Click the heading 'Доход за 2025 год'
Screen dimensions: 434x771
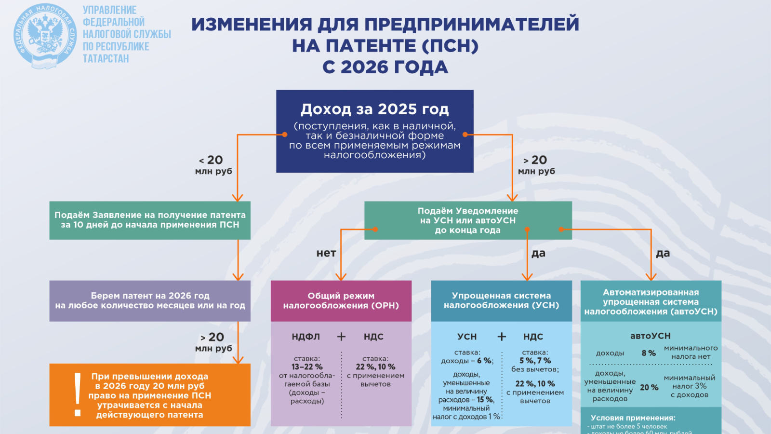click(374, 109)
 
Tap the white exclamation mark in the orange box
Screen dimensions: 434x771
click(77, 394)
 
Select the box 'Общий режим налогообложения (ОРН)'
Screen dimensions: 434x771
click(341, 300)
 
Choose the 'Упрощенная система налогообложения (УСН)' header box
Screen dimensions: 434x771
click(501, 300)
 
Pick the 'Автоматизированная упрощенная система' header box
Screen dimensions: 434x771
click(651, 302)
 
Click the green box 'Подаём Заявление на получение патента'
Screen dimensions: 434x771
click(150, 220)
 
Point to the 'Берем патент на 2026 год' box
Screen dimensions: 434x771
click(150, 300)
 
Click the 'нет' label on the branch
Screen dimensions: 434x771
click(326, 253)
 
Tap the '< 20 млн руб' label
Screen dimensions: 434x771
click(213, 164)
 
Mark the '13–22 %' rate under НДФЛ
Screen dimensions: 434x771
click(307, 367)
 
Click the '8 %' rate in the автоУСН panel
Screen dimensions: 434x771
click(649, 353)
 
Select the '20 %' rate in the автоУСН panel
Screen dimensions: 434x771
click(649, 388)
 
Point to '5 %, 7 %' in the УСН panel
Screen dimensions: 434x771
click(535, 361)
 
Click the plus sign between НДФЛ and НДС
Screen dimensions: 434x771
click(341, 337)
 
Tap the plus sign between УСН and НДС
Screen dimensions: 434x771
click(502, 337)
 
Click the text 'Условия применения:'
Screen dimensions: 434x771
click(633, 418)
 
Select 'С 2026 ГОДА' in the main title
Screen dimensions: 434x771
click(385, 67)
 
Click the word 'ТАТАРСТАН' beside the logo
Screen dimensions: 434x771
click(106, 59)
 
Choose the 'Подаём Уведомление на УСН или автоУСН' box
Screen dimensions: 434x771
click(467, 220)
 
